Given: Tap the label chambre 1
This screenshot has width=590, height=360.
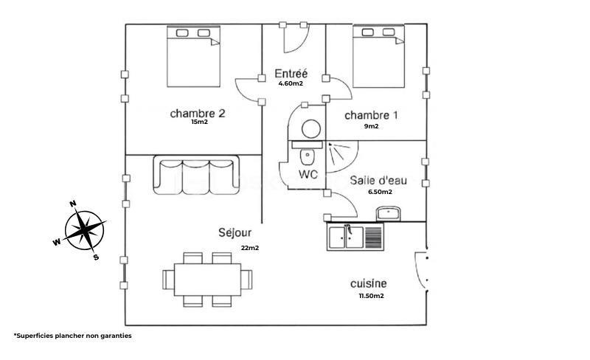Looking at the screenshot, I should coord(371,115).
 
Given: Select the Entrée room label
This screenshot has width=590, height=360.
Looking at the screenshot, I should coord(291,74).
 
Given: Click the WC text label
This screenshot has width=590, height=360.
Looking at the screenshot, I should coord(308,175).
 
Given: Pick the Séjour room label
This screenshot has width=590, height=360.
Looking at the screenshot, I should coord(235,233).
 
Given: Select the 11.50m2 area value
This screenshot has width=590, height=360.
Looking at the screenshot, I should coord(371,297).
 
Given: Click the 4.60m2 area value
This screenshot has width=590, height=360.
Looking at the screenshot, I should coord(291,84).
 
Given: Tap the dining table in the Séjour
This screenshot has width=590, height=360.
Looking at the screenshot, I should coord(207,280).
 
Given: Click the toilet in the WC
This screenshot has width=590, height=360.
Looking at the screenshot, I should coord(307,156).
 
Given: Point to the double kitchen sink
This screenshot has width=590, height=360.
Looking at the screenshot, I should coord(355,237).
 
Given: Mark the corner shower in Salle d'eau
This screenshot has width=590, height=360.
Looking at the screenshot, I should coord(341,156).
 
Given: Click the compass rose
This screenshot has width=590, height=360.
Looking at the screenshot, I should coord(85,229).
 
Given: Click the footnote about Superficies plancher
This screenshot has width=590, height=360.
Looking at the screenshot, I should coord(72,336).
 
